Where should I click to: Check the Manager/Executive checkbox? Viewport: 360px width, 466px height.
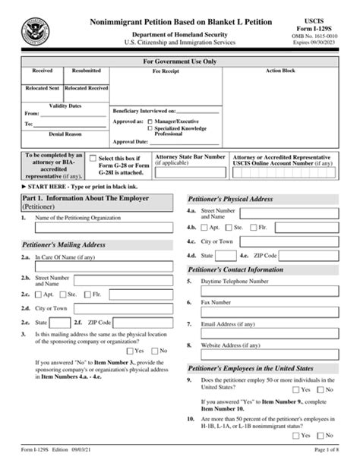tap(150, 121)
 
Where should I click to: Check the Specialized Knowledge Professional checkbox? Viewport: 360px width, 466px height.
tap(150, 128)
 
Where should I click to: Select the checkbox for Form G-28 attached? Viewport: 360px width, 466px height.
tap(92, 159)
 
